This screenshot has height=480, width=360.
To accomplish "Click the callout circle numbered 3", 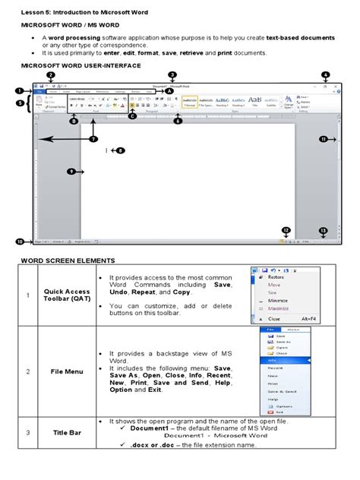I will click(172, 74).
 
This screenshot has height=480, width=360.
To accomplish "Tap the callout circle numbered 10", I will click(20, 242).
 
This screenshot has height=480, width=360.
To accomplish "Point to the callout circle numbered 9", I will click(71, 172).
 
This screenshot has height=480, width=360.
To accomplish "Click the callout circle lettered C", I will click(133, 116).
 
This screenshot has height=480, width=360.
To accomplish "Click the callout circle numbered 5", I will click(20, 103).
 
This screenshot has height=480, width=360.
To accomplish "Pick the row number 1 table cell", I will click(26, 295).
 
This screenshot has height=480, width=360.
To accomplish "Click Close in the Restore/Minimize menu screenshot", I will click(273, 319).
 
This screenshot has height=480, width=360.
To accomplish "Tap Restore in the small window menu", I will click(277, 279).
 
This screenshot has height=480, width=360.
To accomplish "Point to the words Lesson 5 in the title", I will click(37, 13).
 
